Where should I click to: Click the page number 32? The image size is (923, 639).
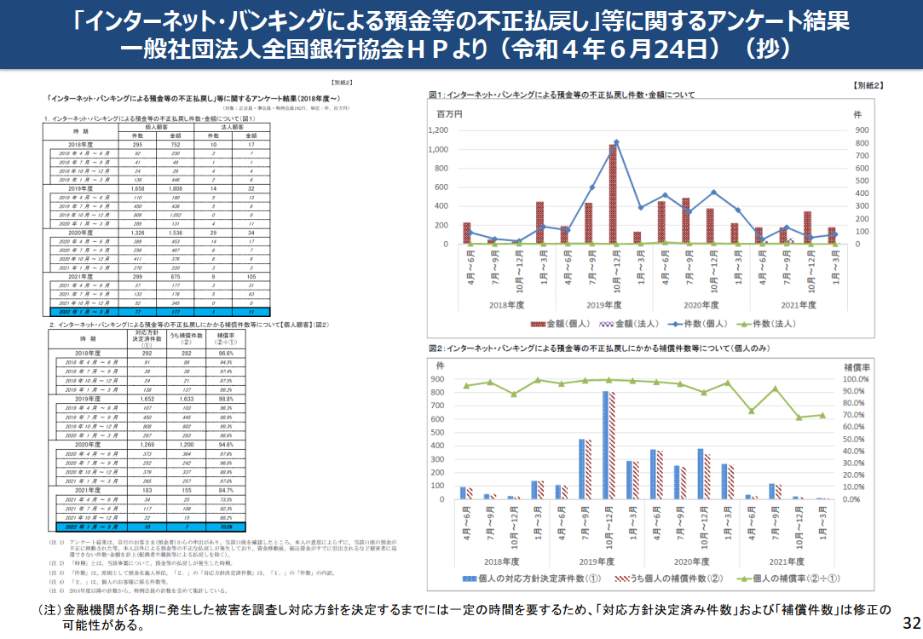909,619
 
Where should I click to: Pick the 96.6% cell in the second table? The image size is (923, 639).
225,352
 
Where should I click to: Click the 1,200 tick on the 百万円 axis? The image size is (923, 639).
460,130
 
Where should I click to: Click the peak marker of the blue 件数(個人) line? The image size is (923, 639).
616,142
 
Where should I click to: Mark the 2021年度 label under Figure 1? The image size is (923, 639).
797,304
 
